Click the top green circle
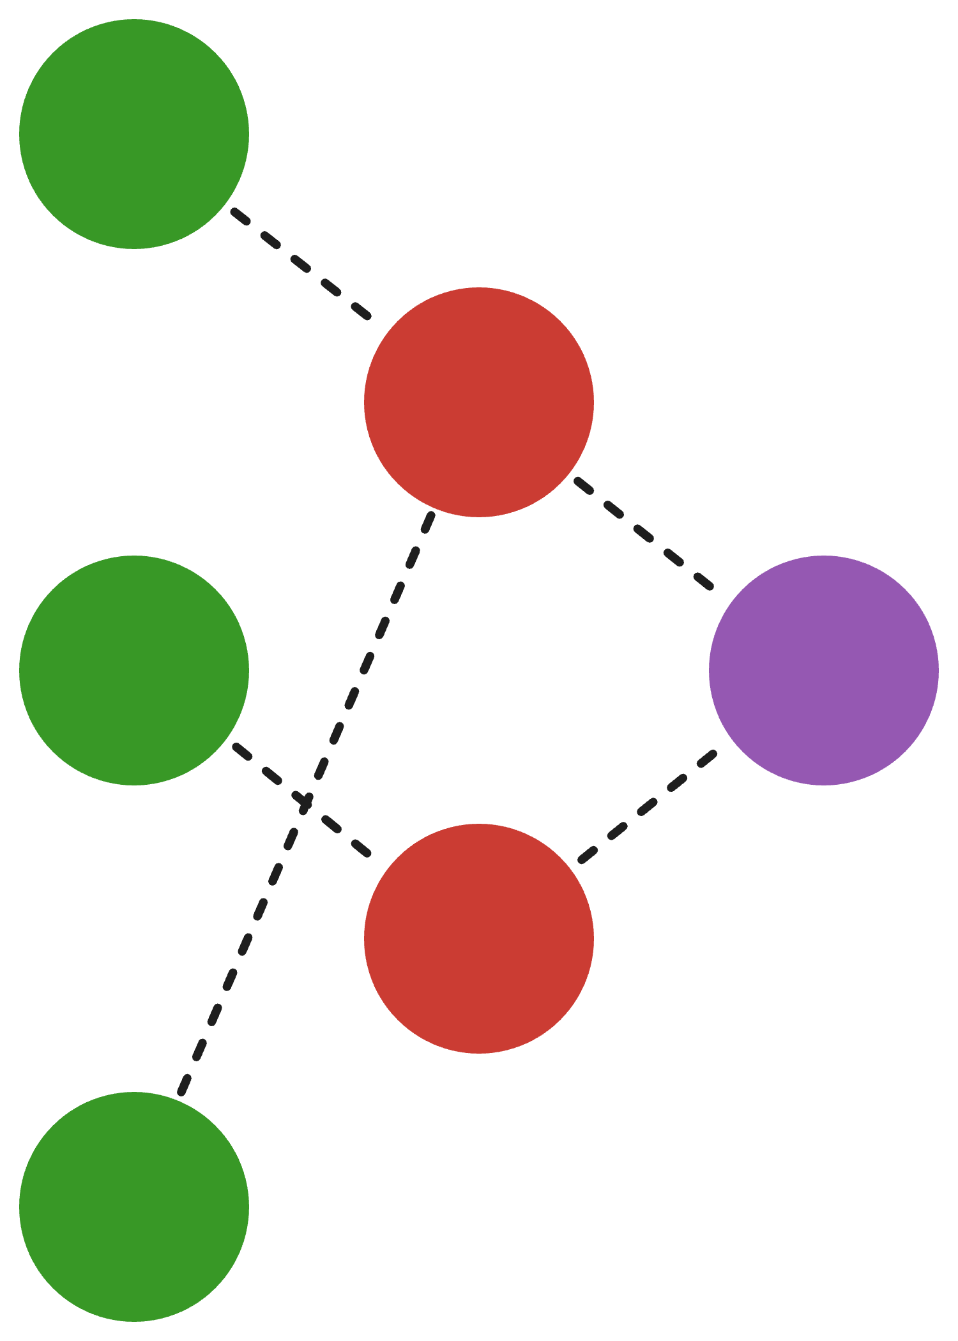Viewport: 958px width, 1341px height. [x=134, y=134]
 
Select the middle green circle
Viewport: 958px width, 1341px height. [x=134, y=670]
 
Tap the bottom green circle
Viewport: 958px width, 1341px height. [x=134, y=1207]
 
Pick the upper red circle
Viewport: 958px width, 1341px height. [x=479, y=402]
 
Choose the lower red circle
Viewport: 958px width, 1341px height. [x=479, y=939]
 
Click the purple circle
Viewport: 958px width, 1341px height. [x=824, y=670]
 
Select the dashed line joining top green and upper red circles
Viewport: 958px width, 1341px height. [x=300, y=263]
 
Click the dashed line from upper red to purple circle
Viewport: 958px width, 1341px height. [x=644, y=531]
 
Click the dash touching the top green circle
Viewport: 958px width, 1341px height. [x=240, y=216]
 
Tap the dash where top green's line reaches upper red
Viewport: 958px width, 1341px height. [x=361, y=310]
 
